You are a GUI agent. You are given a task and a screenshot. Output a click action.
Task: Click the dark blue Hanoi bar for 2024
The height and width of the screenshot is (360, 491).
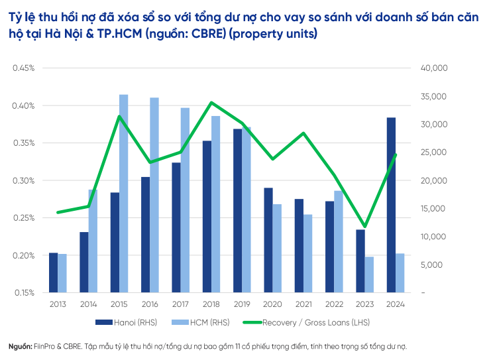[391, 205]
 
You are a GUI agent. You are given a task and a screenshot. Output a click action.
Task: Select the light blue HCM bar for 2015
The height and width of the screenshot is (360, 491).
[124, 193]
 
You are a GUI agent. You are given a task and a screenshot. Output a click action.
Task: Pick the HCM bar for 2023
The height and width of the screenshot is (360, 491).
[370, 274]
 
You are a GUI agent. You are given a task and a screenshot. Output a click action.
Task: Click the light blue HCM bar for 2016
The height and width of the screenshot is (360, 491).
[154, 195]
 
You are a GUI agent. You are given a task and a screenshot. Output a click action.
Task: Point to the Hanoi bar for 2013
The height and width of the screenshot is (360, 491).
[53, 272]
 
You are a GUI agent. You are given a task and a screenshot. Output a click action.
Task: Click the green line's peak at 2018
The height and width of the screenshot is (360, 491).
[211, 103]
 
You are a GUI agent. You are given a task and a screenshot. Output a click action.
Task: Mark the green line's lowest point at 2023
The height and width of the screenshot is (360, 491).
[364, 227]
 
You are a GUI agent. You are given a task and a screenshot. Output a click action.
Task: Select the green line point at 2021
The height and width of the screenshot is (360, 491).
[303, 133]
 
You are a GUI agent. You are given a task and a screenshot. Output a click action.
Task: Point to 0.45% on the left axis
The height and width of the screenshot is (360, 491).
[24, 68]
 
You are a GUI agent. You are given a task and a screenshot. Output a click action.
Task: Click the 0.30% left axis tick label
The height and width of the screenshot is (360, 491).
[24, 180]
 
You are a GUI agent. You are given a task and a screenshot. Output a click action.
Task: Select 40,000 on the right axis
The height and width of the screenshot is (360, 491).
[435, 68]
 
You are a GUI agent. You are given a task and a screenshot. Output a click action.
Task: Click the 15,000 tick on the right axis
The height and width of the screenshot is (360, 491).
[435, 209]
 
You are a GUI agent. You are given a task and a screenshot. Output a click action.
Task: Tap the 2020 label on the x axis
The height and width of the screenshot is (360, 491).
[273, 303]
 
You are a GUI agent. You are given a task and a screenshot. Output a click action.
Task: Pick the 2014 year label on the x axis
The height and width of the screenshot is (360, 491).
[88, 303]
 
